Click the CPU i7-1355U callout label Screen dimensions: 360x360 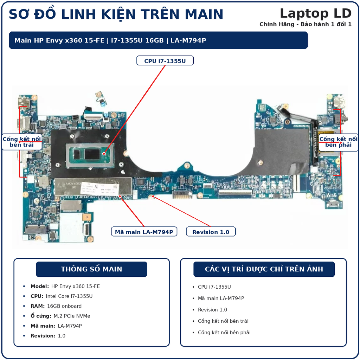(165, 61)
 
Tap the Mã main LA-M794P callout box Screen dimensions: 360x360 (144, 232)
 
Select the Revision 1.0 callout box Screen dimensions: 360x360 (211, 232)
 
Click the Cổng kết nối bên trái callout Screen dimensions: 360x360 (22, 142)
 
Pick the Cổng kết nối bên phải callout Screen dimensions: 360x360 (339, 142)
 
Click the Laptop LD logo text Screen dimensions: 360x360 (316, 13)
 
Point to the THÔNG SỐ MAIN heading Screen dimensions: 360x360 (91, 269)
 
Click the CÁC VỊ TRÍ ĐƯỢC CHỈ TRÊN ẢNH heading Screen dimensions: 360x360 (264, 269)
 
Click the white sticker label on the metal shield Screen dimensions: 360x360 (99, 189)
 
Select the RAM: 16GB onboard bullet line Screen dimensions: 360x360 (56, 306)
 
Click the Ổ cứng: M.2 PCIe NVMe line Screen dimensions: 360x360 (60, 316)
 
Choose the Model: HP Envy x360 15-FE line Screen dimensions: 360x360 (65, 286)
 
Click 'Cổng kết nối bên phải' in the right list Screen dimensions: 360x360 (224, 333)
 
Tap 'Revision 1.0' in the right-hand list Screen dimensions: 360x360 (212, 310)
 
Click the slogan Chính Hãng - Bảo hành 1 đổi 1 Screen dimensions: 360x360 (306, 24)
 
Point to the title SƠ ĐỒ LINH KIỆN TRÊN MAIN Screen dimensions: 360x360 (116, 14)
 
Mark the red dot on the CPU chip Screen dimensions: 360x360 (104, 154)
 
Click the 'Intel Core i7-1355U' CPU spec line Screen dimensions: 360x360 (62, 296)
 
